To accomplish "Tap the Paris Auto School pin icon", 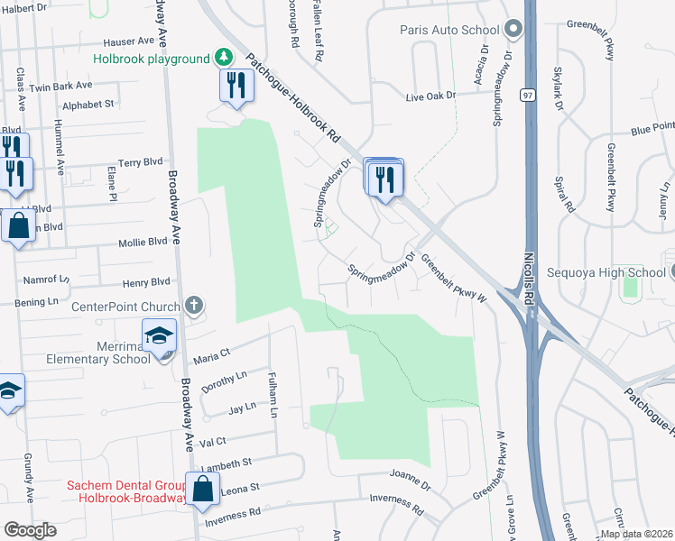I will click(514, 29).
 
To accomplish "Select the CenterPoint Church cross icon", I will click(192, 306).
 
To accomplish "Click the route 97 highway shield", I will click(527, 95).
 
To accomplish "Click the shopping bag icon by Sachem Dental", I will click(203, 490).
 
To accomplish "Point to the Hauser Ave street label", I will click(128, 41).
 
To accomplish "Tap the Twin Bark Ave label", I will click(60, 87).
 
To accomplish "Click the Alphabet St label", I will click(88, 104).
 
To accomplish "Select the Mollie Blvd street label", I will click(143, 242).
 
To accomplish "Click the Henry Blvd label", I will click(146, 281).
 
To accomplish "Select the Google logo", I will click(30, 530).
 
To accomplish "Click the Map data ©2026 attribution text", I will click(636, 534).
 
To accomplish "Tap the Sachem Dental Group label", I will click(125, 486).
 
